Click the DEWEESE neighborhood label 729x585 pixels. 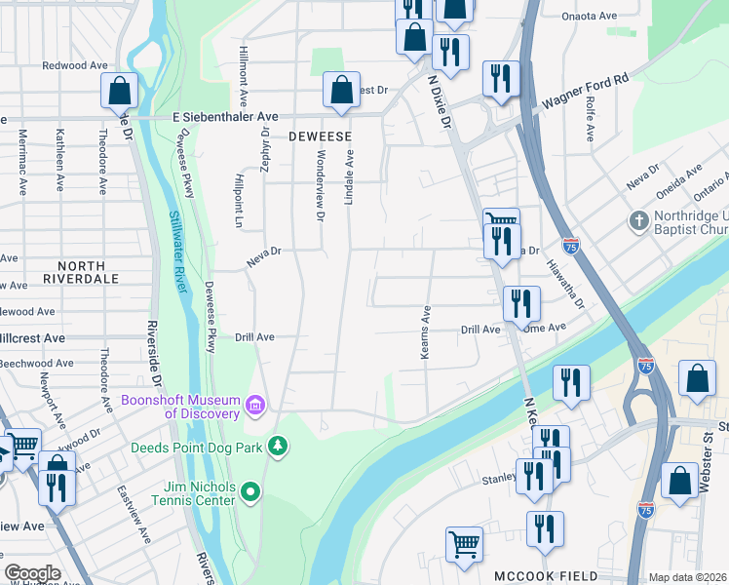click(x=320, y=137)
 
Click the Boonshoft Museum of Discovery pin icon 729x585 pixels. click(x=255, y=404)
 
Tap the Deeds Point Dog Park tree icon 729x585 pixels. click(x=280, y=447)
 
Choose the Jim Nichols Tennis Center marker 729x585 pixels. click(x=251, y=491)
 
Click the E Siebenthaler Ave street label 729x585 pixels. click(x=225, y=116)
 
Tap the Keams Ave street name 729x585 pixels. click(x=425, y=333)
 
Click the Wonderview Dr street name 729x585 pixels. click(x=319, y=184)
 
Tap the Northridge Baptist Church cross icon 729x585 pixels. click(x=639, y=221)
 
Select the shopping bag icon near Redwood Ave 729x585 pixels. click(x=118, y=91)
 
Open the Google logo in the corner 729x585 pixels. click(x=32, y=573)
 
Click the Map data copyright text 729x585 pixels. click(x=687, y=577)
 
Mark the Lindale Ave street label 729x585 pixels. click(x=348, y=175)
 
